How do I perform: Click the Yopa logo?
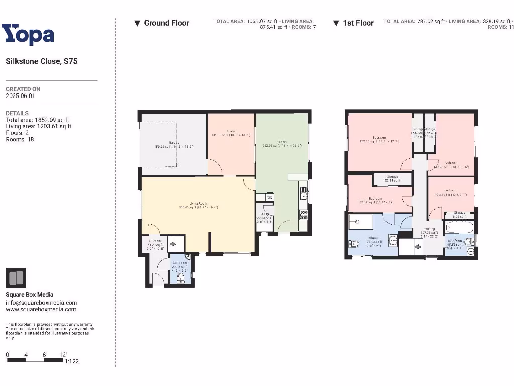click(28, 35)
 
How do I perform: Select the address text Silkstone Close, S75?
click(42, 61)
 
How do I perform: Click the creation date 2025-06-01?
click(20, 95)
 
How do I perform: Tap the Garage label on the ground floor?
click(174, 143)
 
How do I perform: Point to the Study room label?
click(230, 132)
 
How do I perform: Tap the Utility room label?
click(265, 214)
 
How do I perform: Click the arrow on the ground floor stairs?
click(173, 245)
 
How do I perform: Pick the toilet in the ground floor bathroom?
click(181, 278)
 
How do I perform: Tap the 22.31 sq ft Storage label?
click(393, 177)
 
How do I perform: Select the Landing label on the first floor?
click(429, 229)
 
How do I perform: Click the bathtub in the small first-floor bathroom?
click(459, 229)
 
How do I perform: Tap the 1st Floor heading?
click(358, 23)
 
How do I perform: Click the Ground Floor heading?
click(166, 23)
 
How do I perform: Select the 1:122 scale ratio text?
click(72, 361)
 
